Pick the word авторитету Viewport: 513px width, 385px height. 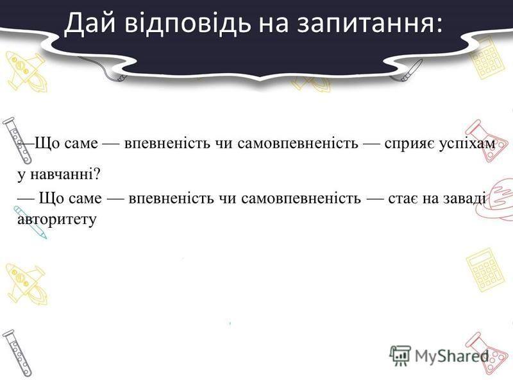56,219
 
